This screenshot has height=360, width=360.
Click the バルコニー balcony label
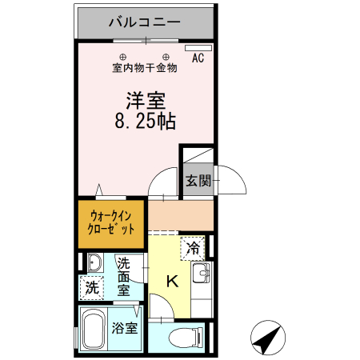pos(145,22)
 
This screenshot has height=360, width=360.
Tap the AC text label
pos(198,58)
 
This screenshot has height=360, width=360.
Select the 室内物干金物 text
pos(145,68)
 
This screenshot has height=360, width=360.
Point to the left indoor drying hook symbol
pos(123,56)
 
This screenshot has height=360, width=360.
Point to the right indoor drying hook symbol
pos(167,56)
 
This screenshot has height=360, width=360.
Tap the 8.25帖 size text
pos(146,122)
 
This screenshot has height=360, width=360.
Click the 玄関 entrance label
pos(198,180)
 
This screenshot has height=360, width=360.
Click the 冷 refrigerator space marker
pos(193,249)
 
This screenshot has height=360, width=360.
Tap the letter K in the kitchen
pos(173,282)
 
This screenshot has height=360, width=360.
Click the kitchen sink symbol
pos(202,274)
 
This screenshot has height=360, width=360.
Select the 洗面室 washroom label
pos(124,277)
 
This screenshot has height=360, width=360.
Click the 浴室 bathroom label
pos(124,329)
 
